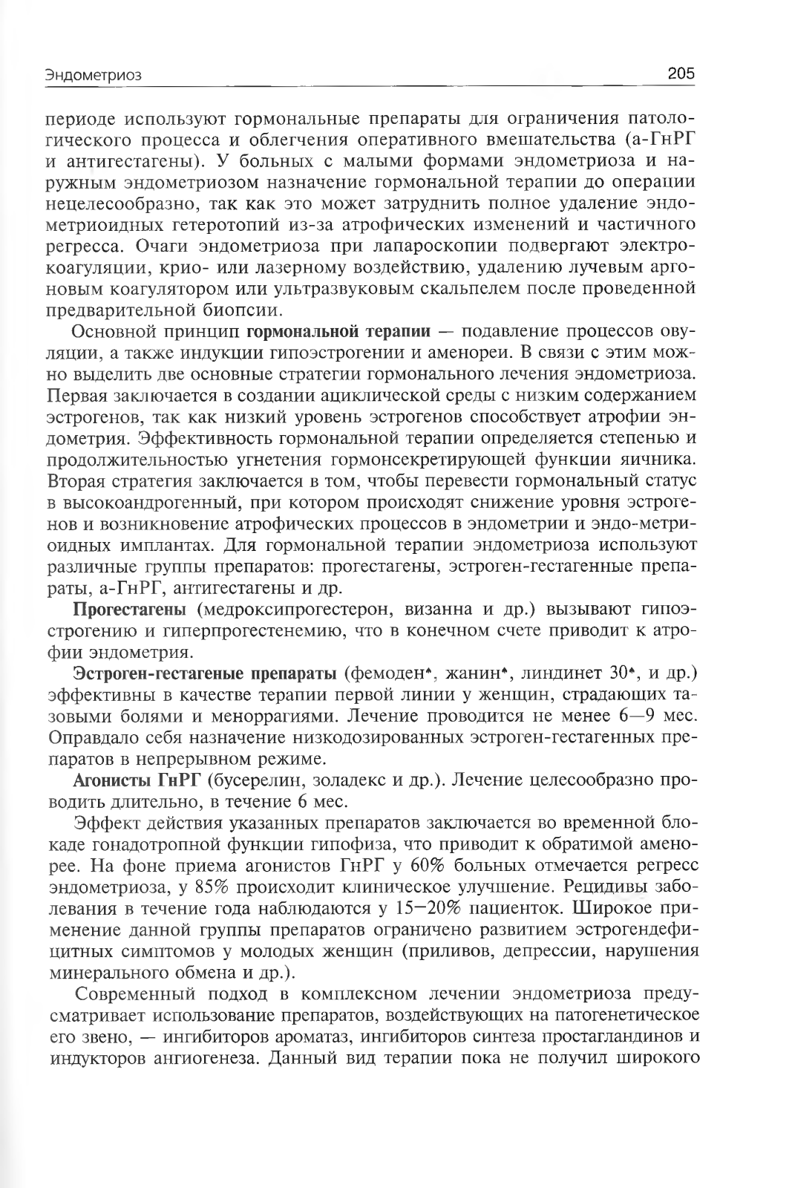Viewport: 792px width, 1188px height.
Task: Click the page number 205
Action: [x=680, y=74]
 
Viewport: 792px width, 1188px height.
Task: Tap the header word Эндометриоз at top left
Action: [x=93, y=75]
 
